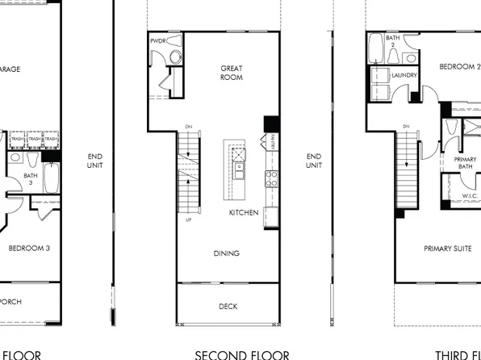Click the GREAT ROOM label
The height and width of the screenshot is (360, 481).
coord(232,73)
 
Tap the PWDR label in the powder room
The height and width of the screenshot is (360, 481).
coord(158,40)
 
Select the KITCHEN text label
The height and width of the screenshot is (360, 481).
coord(244,212)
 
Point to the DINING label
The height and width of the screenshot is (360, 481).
coord(227,253)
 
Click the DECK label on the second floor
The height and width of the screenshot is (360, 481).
coord(228,306)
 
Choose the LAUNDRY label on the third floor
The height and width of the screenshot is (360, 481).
coord(404,75)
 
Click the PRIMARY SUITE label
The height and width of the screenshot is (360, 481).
coord(448,249)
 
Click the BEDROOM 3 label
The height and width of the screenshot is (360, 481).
coord(30,248)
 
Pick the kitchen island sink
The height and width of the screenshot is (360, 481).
coord(239,172)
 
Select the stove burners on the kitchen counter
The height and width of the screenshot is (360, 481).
coord(271,178)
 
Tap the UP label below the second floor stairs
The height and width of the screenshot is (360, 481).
coord(189,219)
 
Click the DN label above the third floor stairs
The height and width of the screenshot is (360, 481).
coord(405,127)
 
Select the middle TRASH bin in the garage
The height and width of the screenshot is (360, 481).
coord(35,139)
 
